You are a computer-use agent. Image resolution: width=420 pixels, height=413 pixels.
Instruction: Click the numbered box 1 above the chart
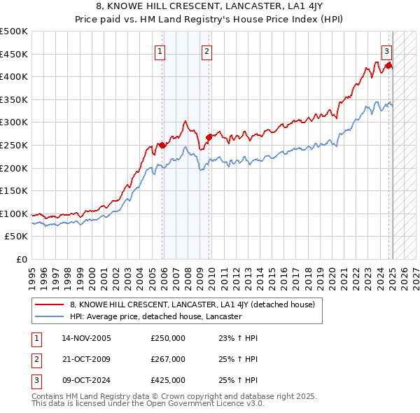tap(161, 50)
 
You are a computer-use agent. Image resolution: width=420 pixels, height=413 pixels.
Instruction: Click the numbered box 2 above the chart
tap(207, 50)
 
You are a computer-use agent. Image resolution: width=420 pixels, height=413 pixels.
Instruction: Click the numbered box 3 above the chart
tap(386, 50)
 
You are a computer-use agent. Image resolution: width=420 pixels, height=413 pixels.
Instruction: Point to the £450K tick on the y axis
tap(14, 54)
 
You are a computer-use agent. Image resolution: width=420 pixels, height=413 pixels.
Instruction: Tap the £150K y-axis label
tap(14, 190)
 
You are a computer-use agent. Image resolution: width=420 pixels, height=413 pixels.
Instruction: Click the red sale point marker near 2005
tap(162, 145)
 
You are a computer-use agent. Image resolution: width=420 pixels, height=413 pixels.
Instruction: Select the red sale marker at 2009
tap(209, 137)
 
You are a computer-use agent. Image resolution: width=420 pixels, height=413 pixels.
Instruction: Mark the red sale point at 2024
tap(388, 65)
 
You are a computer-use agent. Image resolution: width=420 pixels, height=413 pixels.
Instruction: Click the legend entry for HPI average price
tap(155, 316)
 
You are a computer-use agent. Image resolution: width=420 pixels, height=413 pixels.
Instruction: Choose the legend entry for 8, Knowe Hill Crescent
tap(192, 304)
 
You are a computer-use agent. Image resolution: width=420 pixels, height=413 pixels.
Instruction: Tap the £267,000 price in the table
tap(168, 359)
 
